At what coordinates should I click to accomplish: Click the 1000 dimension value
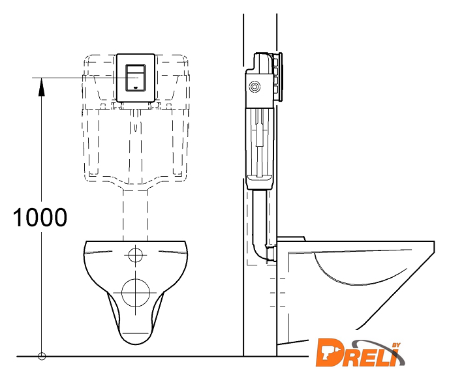click(x=40, y=217)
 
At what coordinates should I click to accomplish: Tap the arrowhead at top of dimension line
click(x=42, y=87)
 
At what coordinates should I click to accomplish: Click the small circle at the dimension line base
click(x=42, y=356)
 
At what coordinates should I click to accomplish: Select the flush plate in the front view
click(x=136, y=78)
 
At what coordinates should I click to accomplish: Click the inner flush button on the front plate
click(x=136, y=78)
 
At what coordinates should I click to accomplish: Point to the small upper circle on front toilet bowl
click(x=136, y=254)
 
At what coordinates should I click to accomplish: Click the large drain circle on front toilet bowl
click(x=136, y=293)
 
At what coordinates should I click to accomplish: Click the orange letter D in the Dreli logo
click(x=330, y=352)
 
